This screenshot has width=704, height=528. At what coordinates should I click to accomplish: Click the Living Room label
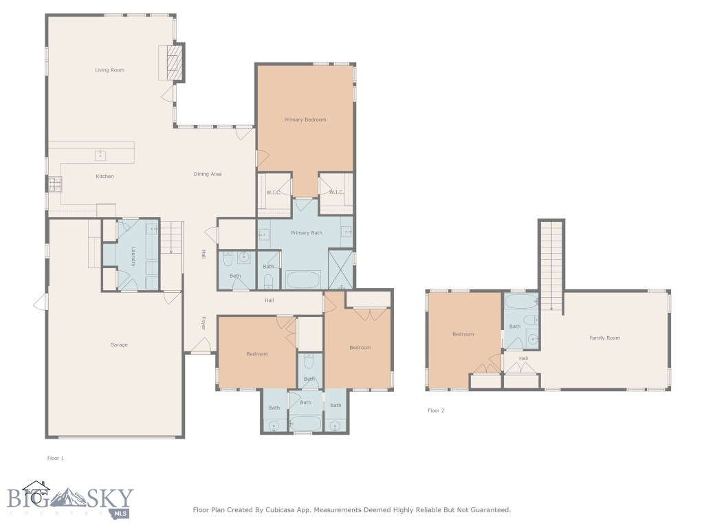[109, 70]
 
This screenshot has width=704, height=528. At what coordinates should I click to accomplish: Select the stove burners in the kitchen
[54, 184]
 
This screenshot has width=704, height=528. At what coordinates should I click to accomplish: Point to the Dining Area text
[207, 175]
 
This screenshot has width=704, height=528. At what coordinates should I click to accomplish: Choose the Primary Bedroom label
[305, 120]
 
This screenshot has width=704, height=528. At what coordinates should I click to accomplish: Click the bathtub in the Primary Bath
[302, 279]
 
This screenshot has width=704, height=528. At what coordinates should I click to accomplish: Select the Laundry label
[133, 257]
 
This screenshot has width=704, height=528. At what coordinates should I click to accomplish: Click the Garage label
[119, 345]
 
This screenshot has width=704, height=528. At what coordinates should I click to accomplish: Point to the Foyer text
[203, 323]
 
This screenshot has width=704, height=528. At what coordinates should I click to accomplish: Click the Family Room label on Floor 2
[604, 338]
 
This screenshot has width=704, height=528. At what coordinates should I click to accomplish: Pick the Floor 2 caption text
[436, 410]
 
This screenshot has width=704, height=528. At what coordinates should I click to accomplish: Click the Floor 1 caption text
[55, 458]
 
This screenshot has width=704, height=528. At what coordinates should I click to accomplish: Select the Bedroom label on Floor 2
[463, 335]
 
